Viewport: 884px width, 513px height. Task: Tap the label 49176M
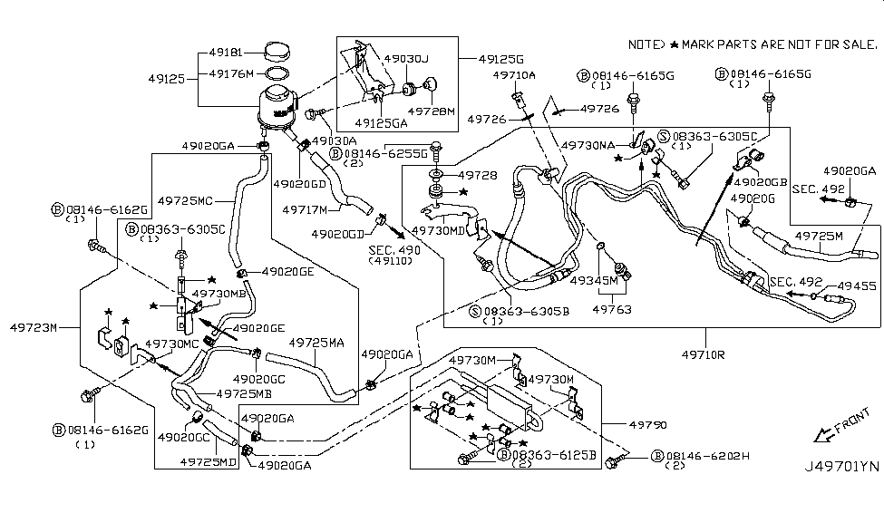click(x=230, y=73)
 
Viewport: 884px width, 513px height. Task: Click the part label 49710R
click(x=703, y=354)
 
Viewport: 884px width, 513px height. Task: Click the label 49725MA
click(x=316, y=343)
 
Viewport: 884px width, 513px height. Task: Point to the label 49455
click(x=858, y=284)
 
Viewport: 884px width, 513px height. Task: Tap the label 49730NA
click(x=588, y=144)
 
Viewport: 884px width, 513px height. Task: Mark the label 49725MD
click(x=208, y=462)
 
